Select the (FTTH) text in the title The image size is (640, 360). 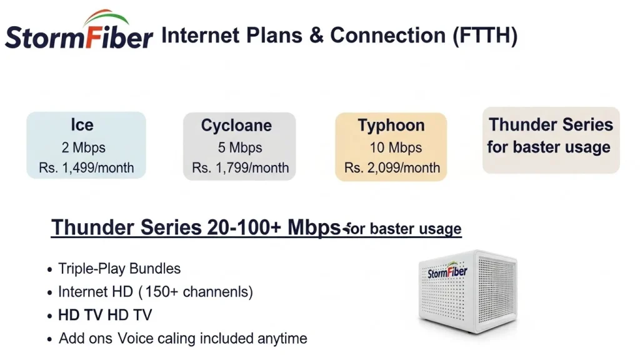pos(485,36)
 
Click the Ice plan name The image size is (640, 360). pos(82,124)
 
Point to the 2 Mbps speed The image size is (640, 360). pos(83,148)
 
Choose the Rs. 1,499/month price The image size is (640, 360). pos(86,167)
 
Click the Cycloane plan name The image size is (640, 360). pos(236,125)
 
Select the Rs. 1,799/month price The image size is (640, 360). pos(241,167)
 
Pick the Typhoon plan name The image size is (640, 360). pos(391,125)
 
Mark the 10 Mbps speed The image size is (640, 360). pos(392,148)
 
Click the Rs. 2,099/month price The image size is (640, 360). pos(392,167)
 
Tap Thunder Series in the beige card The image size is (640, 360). pos(551,124)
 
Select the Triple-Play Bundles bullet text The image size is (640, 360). pos(119,269)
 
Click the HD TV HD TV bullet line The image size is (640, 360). pos(105,314)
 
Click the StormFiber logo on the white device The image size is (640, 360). pos(447,272)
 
